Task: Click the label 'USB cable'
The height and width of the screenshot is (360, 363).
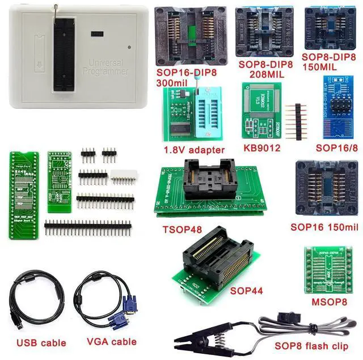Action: (41, 342)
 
